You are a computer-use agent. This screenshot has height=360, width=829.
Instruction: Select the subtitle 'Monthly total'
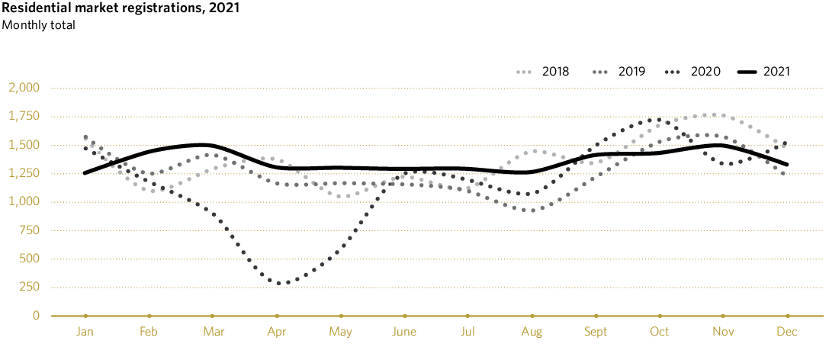pos(38,25)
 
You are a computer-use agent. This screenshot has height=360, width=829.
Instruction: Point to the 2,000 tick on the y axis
pos(23,88)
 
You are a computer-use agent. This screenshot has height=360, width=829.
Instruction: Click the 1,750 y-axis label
pos(23,117)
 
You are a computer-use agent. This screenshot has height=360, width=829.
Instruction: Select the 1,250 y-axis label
pos(23,174)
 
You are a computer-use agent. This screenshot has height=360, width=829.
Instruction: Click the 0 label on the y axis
pos(35,316)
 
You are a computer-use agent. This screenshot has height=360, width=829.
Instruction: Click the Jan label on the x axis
pos(85,332)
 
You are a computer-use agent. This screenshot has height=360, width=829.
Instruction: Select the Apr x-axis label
pos(277,332)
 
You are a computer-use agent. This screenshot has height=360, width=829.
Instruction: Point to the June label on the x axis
pos(404,332)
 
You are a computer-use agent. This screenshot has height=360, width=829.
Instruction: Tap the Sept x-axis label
pos(596,332)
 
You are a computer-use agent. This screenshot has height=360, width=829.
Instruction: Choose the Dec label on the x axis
pos(787,332)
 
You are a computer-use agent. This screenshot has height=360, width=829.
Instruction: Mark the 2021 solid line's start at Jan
pos(85,173)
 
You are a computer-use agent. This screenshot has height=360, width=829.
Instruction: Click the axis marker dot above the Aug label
pos(532,316)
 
